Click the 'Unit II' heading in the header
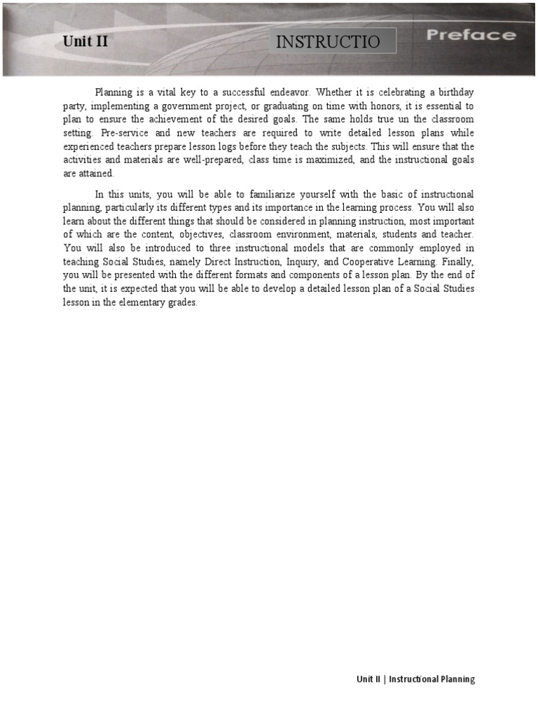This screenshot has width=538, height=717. pyautogui.click(x=85, y=41)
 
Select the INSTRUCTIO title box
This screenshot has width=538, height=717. pyautogui.click(x=333, y=41)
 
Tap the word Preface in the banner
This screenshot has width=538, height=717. pyautogui.click(x=471, y=35)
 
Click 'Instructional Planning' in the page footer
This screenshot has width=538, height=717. pyautogui.click(x=432, y=679)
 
